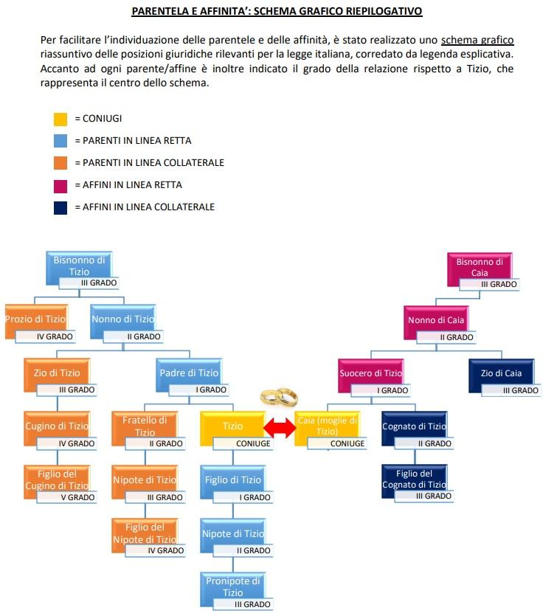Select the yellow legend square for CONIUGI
coord(60,118)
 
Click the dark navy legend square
coord(60,207)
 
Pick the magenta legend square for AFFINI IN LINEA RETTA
coord(60,185)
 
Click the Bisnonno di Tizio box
coord(79,266)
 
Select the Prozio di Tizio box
coord(35,319)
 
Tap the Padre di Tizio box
coord(189,373)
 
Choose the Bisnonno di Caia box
coord(480,267)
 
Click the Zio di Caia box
coord(502,373)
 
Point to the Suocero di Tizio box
coord(370,373)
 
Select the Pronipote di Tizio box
coord(233,587)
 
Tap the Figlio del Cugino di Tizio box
coord(58,480)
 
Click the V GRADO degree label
coord(77,497)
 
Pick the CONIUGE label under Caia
coord(347,443)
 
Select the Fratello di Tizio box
coord(145,426)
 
